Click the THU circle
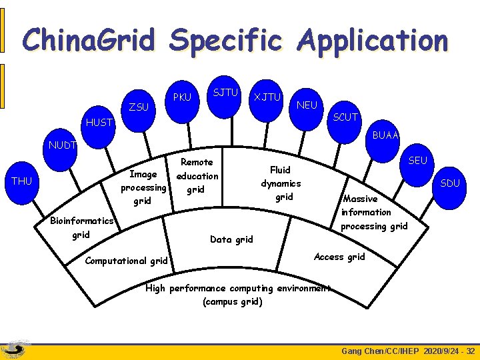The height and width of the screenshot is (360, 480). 22,181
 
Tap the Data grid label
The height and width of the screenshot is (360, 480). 231,239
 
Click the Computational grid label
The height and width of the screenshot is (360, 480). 126,261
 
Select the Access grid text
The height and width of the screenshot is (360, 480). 339,257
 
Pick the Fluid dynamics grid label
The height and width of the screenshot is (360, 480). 281,183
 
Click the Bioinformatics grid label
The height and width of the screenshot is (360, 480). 81,227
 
